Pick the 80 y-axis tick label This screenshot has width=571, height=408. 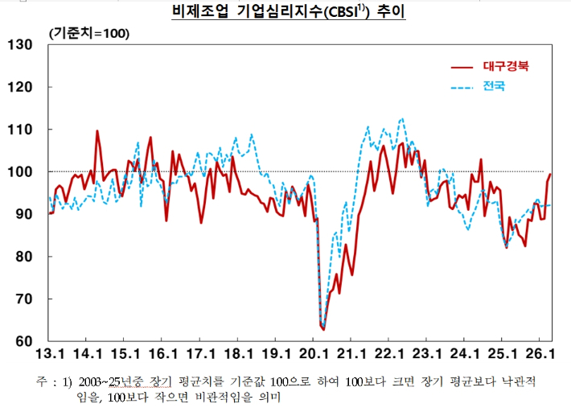pos(23,257)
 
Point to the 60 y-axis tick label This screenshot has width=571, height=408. pos(23,341)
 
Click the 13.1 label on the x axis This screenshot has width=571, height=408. pos(51,354)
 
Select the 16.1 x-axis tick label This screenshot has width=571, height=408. pos(163,354)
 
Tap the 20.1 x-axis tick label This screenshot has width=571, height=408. pos(313,354)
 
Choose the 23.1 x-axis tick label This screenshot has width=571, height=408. pos(425,354)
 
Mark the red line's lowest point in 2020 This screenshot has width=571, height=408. pos(323,329)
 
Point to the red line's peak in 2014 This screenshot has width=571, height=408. pos(97,131)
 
